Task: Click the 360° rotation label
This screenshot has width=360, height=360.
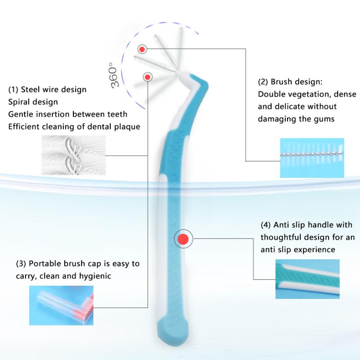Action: pyautogui.click(x=114, y=75)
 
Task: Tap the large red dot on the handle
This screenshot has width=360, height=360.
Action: pyautogui.click(x=183, y=239)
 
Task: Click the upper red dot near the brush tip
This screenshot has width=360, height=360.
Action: pyautogui.click(x=142, y=49)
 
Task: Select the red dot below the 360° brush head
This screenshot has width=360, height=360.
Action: pyautogui.click(x=148, y=77)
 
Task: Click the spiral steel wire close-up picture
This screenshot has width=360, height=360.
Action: pyautogui.click(x=73, y=155)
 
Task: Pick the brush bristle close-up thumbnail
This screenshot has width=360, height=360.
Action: pyautogui.click(x=312, y=158)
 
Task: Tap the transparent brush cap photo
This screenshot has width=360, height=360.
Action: pyautogui.click(x=61, y=306)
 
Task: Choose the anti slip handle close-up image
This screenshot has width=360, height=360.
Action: pyautogui.click(x=307, y=279)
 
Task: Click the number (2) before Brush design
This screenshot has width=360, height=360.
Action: pyautogui.click(x=263, y=82)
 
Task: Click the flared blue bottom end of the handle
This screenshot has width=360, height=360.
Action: pyautogui.click(x=173, y=331)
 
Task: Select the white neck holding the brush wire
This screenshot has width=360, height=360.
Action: pyautogui.click(x=184, y=77)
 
